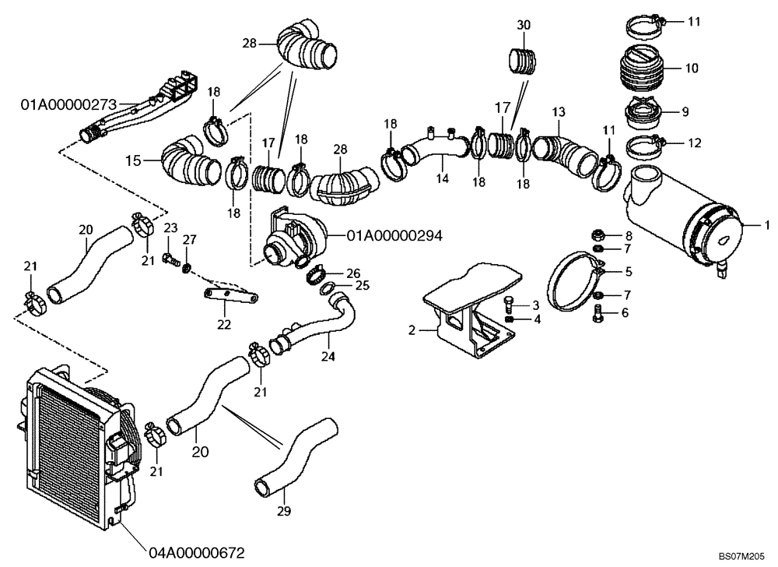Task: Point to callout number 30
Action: click(524, 25)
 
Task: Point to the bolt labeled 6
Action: click(598, 314)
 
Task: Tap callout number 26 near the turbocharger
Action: click(353, 273)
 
